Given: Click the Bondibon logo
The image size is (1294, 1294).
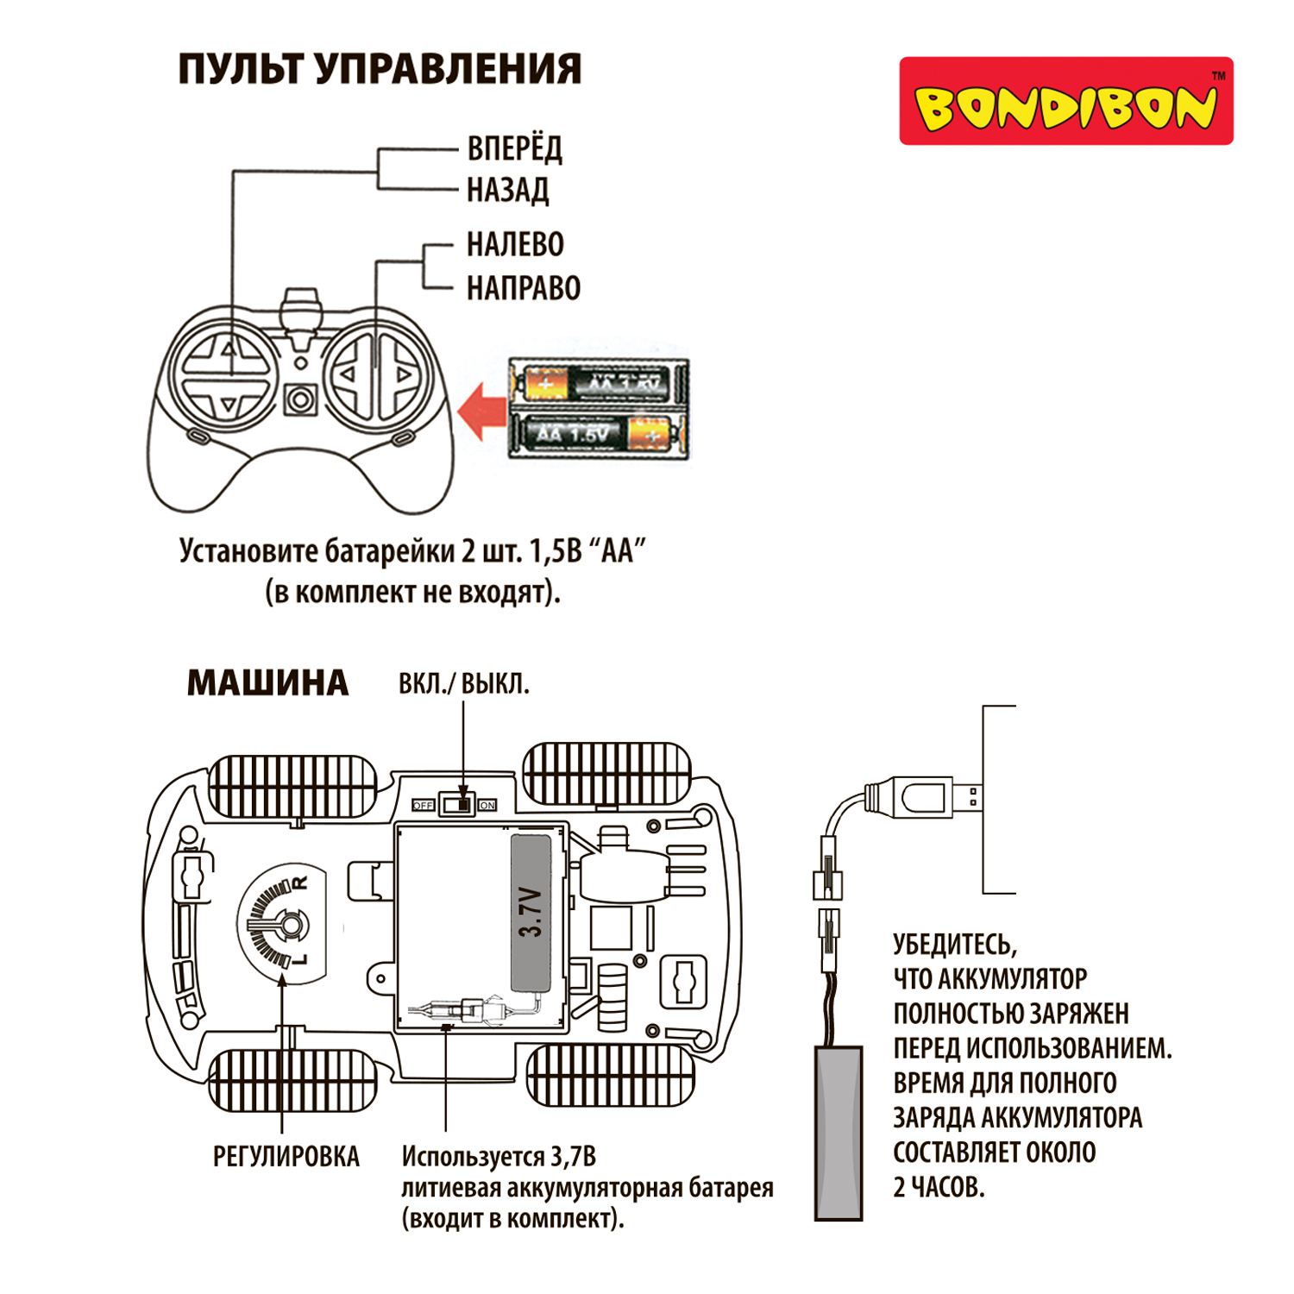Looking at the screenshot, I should (x=1066, y=101).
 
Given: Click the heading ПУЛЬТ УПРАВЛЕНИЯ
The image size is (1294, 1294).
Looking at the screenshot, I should (x=380, y=69).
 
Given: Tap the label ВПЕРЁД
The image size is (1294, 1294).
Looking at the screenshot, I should (x=514, y=148).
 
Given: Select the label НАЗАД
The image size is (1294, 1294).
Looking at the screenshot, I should (x=507, y=190).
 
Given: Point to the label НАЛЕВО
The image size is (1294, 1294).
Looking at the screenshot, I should (x=515, y=245).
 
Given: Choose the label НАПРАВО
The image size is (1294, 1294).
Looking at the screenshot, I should (x=524, y=288).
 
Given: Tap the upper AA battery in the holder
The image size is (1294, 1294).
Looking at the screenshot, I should (x=598, y=382).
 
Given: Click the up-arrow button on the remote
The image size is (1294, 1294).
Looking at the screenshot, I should (x=228, y=349).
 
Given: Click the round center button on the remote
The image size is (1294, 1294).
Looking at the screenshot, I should (x=300, y=399).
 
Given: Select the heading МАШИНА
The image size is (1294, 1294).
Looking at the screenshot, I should (x=267, y=683).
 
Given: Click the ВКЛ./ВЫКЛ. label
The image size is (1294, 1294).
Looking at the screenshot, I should (x=463, y=684).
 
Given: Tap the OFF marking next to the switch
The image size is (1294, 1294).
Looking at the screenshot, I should (x=423, y=805).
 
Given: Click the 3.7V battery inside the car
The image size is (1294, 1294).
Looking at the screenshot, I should (x=531, y=912).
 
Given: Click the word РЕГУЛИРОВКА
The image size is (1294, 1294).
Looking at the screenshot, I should (x=286, y=1157).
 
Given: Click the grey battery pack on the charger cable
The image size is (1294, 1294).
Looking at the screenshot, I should (x=839, y=1132).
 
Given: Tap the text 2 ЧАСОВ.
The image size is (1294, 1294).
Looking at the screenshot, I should (x=939, y=1187).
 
